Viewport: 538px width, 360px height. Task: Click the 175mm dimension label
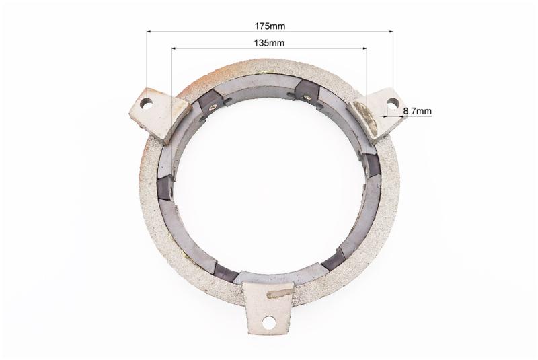pyautogui.click(x=270, y=26)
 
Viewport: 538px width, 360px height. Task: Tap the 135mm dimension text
pyautogui.click(x=269, y=43)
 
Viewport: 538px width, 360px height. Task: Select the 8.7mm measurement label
pyautogui.click(x=418, y=111)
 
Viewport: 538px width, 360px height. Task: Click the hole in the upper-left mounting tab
pyautogui.click(x=147, y=102)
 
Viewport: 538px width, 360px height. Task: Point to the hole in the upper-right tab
pyautogui.click(x=393, y=102)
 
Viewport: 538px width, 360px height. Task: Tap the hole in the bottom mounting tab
pyautogui.click(x=268, y=322)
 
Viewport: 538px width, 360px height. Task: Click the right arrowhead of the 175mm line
pyautogui.click(x=391, y=32)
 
